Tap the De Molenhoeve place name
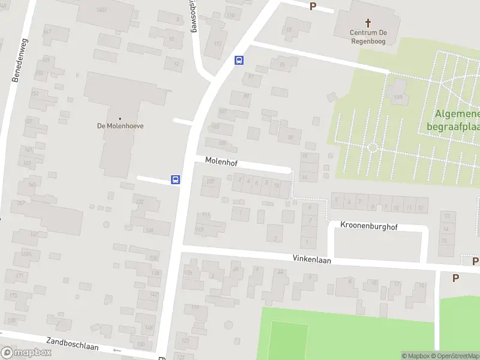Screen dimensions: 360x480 [x=121, y=126]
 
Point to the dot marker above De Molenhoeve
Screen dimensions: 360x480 [x=121, y=118]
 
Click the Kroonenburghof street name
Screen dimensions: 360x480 [x=369, y=227]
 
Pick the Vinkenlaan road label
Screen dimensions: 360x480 [x=312, y=260]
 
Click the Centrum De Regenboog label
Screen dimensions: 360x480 [x=368, y=37]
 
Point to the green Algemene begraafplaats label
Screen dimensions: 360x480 [x=454, y=120]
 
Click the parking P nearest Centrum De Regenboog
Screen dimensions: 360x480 [x=313, y=6]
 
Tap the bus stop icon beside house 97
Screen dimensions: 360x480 [x=239, y=60]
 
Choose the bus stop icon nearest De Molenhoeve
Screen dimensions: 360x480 [x=176, y=179]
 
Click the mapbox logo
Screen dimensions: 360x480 [x=26, y=353]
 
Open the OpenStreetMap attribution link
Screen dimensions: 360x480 [x=459, y=356]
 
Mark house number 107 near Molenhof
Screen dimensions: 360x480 [x=210, y=181]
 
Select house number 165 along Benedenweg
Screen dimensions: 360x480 [x=31, y=184]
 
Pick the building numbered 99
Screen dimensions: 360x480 [x=246, y=95]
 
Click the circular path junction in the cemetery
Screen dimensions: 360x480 [x=372, y=147]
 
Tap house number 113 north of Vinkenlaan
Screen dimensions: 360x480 [x=200, y=229]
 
